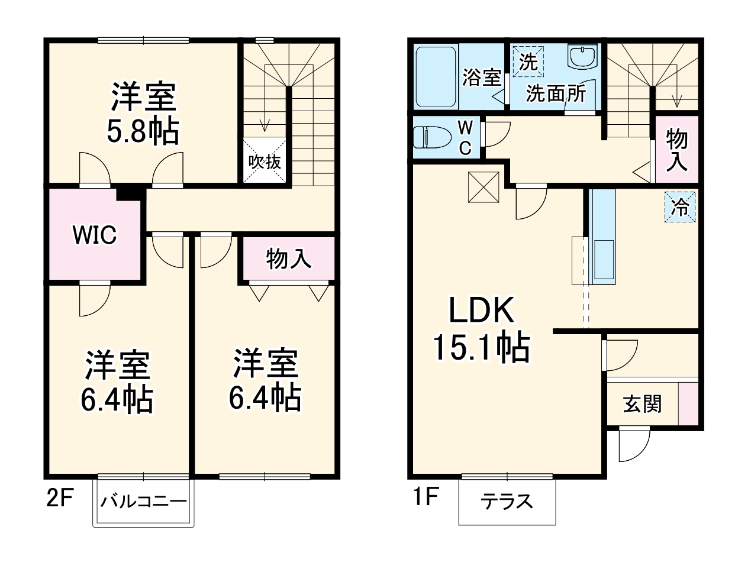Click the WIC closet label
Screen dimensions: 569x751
[95, 235]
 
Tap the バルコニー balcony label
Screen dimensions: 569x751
[143, 502]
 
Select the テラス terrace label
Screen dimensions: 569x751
[507, 502]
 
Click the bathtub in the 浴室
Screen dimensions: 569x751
[436, 77]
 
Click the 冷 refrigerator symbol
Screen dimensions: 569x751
[680, 207]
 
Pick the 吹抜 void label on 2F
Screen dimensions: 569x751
[265, 161]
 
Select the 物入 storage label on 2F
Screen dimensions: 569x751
[288, 258]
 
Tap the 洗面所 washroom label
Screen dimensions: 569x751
[556, 93]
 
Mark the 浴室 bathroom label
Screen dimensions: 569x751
[481, 77]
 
